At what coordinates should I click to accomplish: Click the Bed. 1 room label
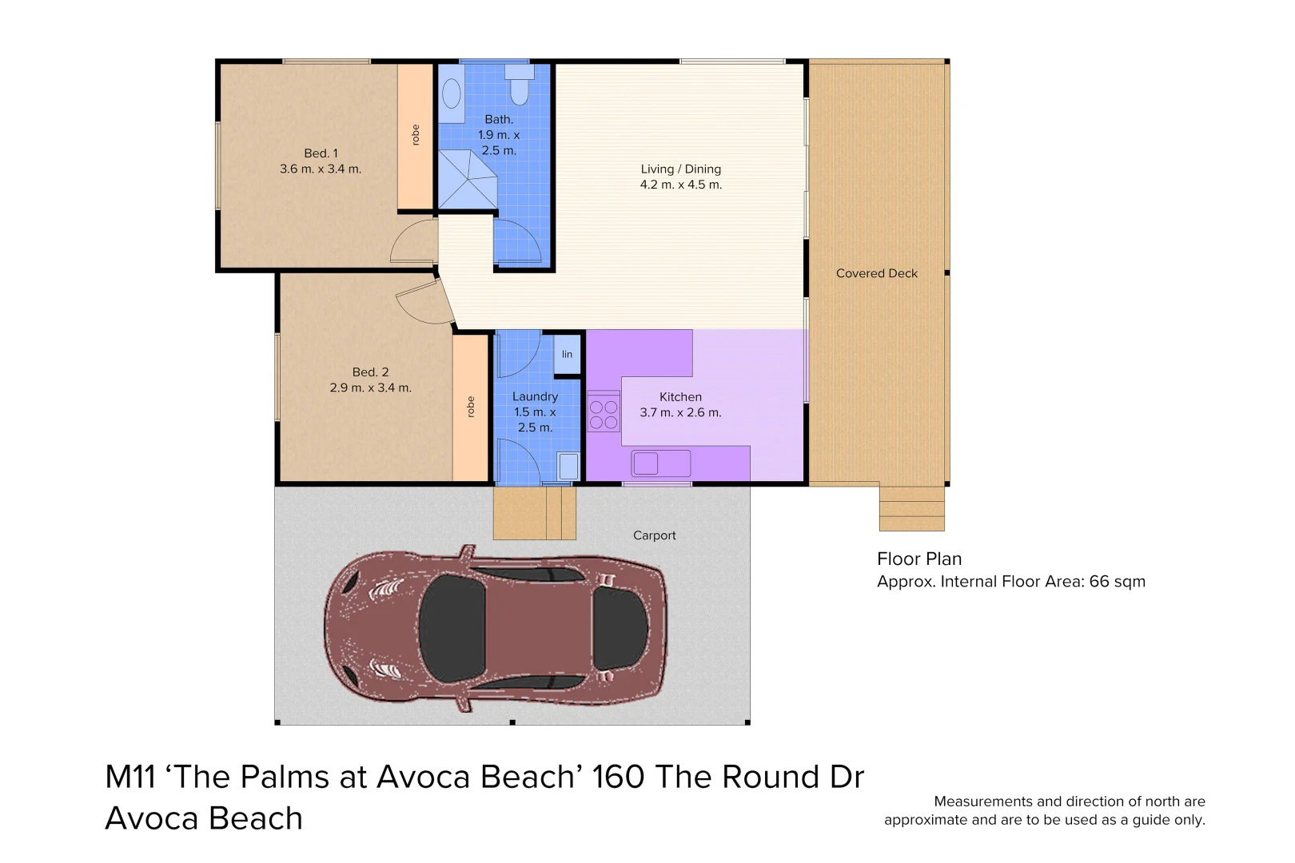321,153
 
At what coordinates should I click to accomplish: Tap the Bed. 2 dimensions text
370,388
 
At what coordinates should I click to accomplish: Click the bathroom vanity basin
452,93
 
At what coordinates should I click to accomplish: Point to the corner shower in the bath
467,180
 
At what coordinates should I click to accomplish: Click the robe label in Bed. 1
415,135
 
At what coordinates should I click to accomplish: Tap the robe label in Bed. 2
470,407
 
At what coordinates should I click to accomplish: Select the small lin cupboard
567,354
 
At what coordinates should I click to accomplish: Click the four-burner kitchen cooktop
604,412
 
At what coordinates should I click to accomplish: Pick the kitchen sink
660,463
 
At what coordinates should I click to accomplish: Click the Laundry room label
535,397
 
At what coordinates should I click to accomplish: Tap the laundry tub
568,466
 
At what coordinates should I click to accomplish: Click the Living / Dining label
680,169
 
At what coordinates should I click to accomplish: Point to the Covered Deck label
876,273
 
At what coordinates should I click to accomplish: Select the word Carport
654,535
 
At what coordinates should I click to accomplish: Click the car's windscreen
452,628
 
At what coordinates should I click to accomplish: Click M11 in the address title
129,777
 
